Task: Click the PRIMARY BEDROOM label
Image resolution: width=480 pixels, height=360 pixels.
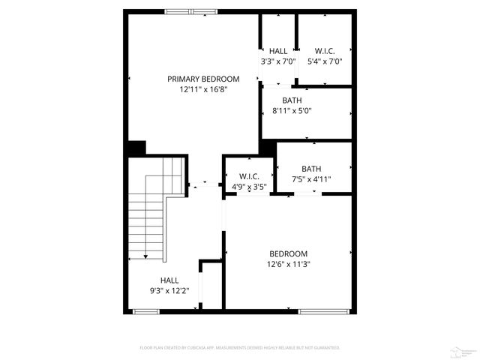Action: pyautogui.click(x=203, y=79)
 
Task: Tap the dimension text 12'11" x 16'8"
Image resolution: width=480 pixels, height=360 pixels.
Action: pyautogui.click(x=203, y=89)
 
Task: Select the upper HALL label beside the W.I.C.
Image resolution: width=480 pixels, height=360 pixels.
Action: pyautogui.click(x=278, y=51)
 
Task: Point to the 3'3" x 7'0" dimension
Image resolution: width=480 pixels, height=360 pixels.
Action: pyautogui.click(x=278, y=61)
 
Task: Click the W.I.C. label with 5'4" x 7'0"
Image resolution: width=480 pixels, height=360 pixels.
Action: pyautogui.click(x=325, y=51)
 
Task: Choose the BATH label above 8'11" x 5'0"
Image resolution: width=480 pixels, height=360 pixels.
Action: pyautogui.click(x=292, y=100)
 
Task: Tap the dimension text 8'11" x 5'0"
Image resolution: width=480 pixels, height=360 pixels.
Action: pyautogui.click(x=292, y=110)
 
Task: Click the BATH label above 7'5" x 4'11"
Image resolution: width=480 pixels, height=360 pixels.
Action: pyautogui.click(x=311, y=169)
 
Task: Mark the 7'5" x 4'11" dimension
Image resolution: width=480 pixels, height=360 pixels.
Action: pyautogui.click(x=311, y=179)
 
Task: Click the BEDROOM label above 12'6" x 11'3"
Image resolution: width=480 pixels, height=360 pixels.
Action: pyautogui.click(x=289, y=253)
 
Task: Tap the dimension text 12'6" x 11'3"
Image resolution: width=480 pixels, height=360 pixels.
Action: pyautogui.click(x=289, y=264)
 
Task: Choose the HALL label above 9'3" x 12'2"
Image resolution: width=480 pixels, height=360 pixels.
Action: pyautogui.click(x=169, y=280)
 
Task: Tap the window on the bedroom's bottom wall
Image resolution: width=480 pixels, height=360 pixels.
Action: pyautogui.click(x=324, y=310)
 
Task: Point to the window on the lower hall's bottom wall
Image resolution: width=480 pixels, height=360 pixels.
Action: pyautogui.click(x=146, y=310)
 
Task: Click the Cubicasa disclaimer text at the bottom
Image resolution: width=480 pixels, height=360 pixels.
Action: pyautogui.click(x=240, y=348)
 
